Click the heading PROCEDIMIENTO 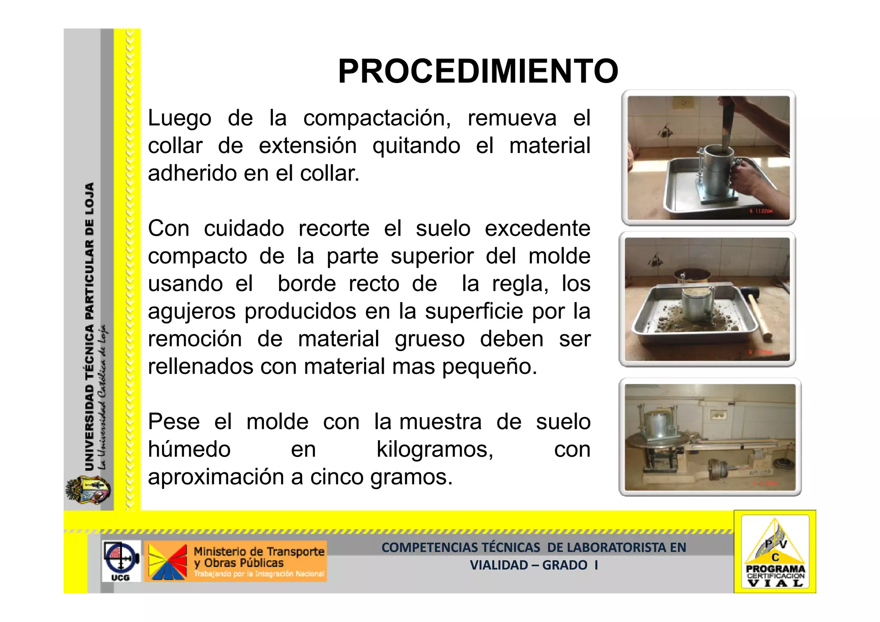(x=478, y=71)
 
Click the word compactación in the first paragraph (x=377, y=118)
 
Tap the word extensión (x=308, y=146)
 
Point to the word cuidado (x=244, y=228)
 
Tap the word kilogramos (x=434, y=450)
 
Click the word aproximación (x=215, y=477)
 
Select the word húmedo (x=189, y=450)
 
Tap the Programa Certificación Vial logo (x=775, y=552)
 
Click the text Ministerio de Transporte (x=259, y=552)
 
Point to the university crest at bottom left (x=88, y=490)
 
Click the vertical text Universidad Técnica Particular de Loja (x=89, y=327)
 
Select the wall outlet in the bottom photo (x=716, y=415)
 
